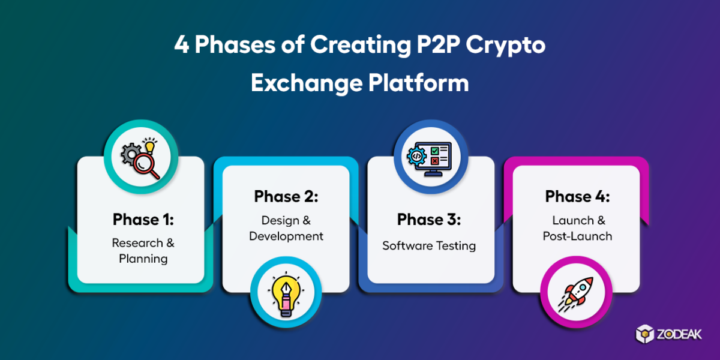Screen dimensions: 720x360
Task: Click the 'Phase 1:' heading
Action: pyautogui.click(x=143, y=220)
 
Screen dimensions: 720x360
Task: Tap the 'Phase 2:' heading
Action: pyautogui.click(x=286, y=196)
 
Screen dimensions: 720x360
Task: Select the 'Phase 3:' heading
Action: pyautogui.click(x=429, y=220)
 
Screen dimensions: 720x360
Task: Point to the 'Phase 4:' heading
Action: pyautogui.click(x=577, y=196)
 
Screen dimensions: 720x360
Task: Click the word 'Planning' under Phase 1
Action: pyautogui.click(x=143, y=259)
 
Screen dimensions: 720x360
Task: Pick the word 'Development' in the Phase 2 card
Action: pyautogui.click(x=286, y=236)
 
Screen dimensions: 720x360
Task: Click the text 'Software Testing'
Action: pyautogui.click(x=429, y=246)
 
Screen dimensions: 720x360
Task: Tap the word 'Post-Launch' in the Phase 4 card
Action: pyautogui.click(x=577, y=236)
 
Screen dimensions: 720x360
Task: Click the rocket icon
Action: pyautogui.click(x=576, y=293)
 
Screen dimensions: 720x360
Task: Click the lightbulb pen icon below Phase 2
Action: pyautogui.click(x=286, y=296)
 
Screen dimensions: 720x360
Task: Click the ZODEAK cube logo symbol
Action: pyautogui.click(x=645, y=334)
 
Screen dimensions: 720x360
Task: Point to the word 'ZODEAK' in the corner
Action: pyautogui.click(x=679, y=334)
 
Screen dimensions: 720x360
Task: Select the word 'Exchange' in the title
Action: pyautogui.click(x=307, y=83)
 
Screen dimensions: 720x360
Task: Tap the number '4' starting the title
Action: pyautogui.click(x=182, y=44)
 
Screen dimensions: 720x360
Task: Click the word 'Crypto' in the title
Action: pyautogui.click(x=506, y=46)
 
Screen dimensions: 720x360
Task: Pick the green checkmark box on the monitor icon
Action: pyautogui.click(x=434, y=151)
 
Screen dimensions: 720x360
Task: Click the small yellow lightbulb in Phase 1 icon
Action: pyautogui.click(x=150, y=146)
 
